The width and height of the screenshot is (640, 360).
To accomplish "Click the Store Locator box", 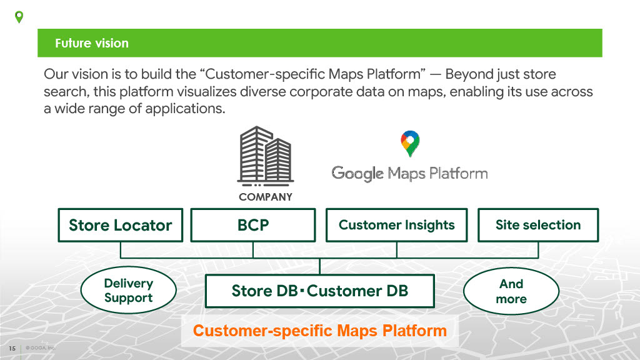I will pyautogui.click(x=120, y=225).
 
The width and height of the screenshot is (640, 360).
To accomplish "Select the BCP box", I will pyautogui.click(x=252, y=225).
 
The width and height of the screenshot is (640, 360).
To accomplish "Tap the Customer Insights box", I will pyautogui.click(x=396, y=225).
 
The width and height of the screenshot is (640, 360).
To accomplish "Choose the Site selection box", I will pyautogui.click(x=537, y=225).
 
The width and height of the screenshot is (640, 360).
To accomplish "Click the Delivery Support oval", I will pyautogui.click(x=128, y=291).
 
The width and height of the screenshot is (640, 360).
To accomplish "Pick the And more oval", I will pyautogui.click(x=511, y=291).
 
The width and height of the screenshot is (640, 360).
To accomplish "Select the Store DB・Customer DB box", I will pyautogui.click(x=319, y=291).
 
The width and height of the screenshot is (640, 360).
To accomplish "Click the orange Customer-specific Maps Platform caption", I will pyautogui.click(x=319, y=331).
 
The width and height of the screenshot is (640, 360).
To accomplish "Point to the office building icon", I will pyautogui.click(x=264, y=156).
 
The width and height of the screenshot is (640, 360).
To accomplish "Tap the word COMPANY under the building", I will pyautogui.click(x=265, y=197).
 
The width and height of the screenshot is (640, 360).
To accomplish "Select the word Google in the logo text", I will pyautogui.click(x=357, y=173).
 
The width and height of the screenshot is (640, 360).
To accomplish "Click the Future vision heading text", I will pyautogui.click(x=92, y=43).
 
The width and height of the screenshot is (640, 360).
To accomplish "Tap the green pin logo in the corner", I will pyautogui.click(x=19, y=17).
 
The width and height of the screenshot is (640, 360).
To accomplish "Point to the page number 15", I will pyautogui.click(x=12, y=348).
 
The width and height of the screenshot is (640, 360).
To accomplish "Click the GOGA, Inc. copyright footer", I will pyautogui.click(x=41, y=348).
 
